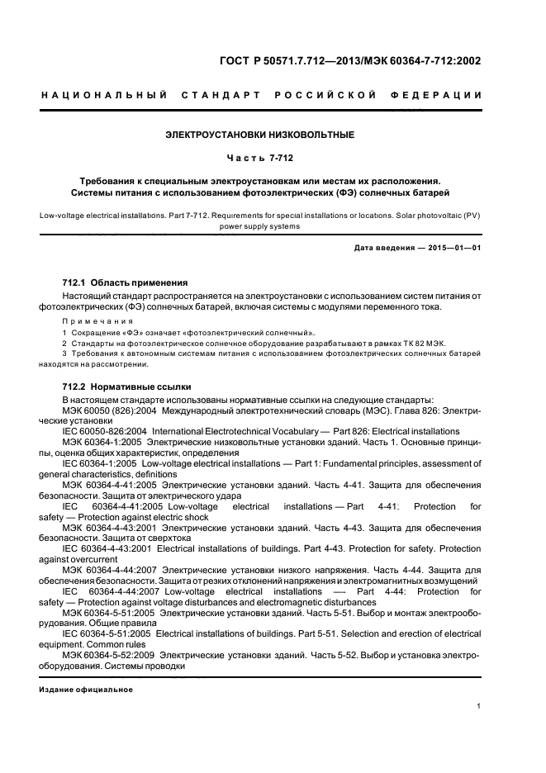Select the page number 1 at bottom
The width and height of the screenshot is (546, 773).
(479, 706)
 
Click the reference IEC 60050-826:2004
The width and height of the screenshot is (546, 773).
(105, 431)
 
